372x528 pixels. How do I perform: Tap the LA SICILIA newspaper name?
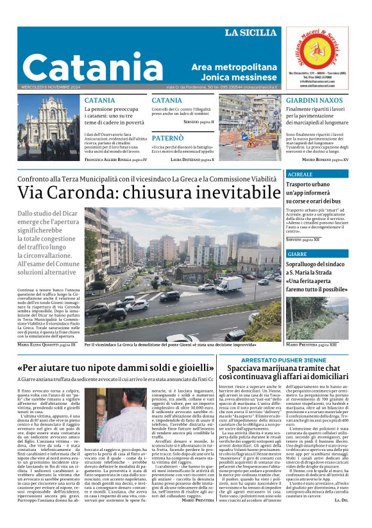click(x=251, y=32)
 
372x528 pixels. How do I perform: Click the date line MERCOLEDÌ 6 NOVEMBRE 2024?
click(x=47, y=87)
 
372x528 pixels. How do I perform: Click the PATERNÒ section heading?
click(x=167, y=138)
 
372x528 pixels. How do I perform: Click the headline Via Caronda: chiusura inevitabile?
click(x=149, y=192)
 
